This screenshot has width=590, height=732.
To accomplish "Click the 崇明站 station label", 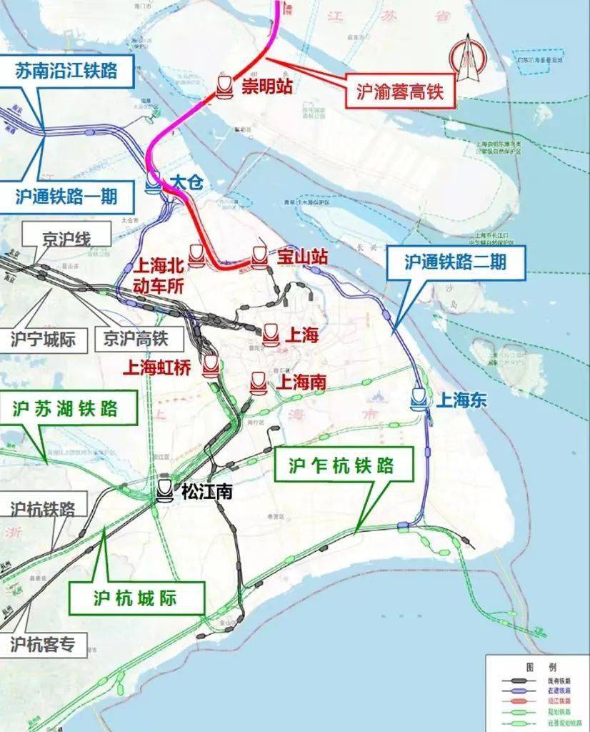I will click(x=266, y=86).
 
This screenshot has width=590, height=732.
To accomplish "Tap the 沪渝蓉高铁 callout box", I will click(x=399, y=91).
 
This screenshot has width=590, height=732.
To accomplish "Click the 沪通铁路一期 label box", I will click(x=66, y=194).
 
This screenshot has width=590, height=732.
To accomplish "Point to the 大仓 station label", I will click(x=186, y=182).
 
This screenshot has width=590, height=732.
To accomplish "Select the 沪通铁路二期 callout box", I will click(x=456, y=263).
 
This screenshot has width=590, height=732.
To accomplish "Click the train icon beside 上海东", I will click(x=419, y=399).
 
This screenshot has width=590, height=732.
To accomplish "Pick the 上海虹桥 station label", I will click(x=158, y=367).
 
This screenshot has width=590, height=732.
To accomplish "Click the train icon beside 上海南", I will click(x=258, y=383).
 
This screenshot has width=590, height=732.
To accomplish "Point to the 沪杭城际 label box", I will click(x=135, y=597).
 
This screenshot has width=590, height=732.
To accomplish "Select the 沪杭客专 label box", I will click(x=43, y=644).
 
